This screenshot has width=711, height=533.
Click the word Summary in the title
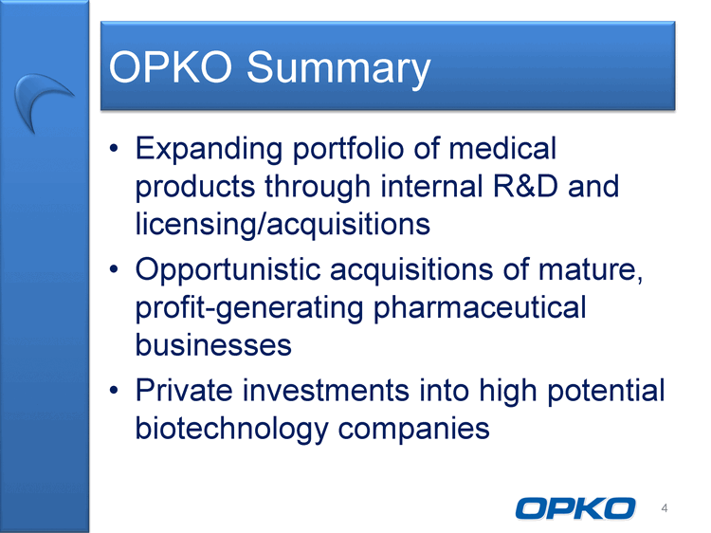[x=338, y=68]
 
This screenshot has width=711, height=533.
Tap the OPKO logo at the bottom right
[x=575, y=508]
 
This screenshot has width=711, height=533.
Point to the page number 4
[x=665, y=508]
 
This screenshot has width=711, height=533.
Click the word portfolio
[x=348, y=149]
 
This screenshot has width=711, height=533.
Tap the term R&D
[x=525, y=186]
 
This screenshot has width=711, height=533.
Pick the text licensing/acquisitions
[x=283, y=224]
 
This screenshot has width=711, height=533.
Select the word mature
[x=591, y=270]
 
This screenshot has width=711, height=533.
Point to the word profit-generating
[x=249, y=308]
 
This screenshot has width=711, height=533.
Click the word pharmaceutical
[x=480, y=308]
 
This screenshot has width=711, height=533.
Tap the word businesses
[x=213, y=345]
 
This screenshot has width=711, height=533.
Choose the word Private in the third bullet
[x=184, y=390]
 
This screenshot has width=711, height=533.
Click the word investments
[x=325, y=391]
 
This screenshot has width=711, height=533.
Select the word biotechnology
[x=231, y=429]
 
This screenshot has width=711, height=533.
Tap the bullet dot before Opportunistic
[x=114, y=270]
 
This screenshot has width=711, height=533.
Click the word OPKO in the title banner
[x=170, y=67]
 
